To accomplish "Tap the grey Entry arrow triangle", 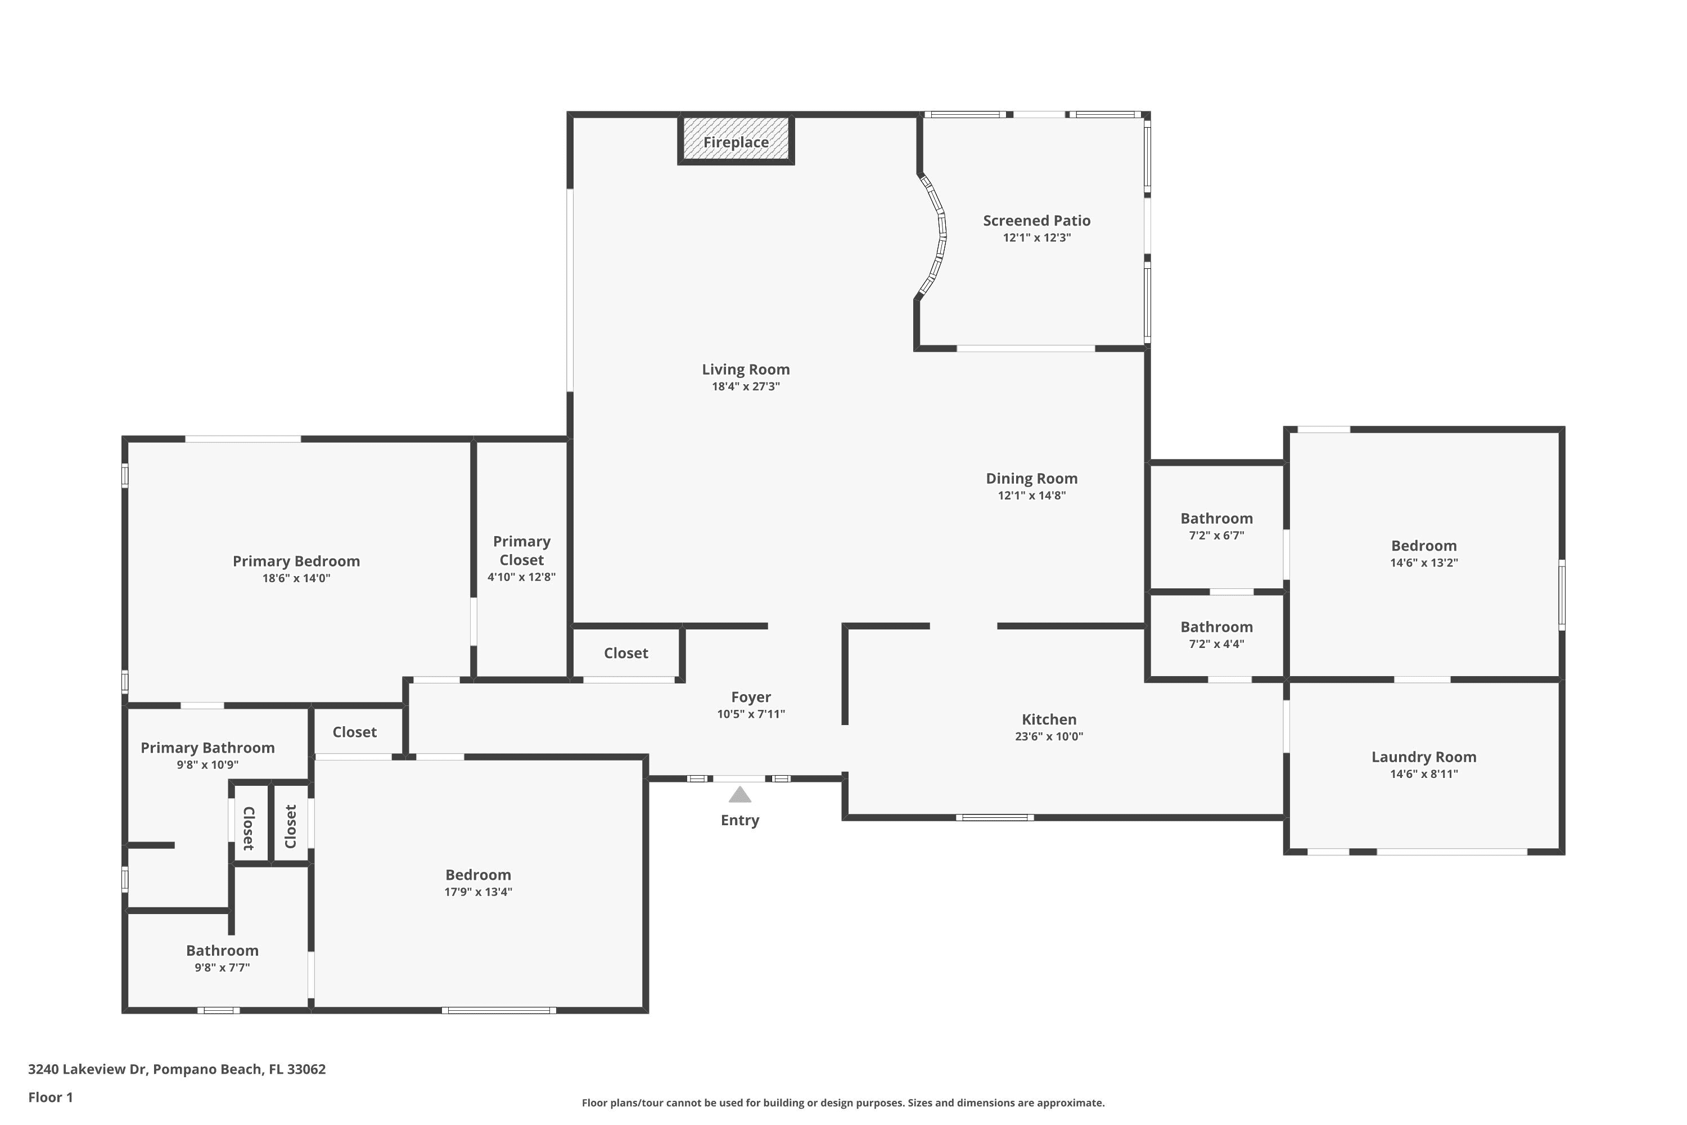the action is click(x=739, y=795).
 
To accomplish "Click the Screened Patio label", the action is click(x=1036, y=221).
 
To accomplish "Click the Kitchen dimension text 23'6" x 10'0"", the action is click(x=1049, y=736).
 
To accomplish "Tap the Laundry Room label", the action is click(x=1424, y=757).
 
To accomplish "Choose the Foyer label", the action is click(x=751, y=697).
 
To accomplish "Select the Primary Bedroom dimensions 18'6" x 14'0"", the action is click(x=296, y=578).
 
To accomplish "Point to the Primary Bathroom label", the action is click(x=208, y=748).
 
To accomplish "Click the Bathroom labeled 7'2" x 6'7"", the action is click(x=1216, y=519).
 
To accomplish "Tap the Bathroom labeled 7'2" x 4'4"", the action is click(x=1216, y=627).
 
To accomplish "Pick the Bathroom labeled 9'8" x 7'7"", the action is click(x=222, y=951).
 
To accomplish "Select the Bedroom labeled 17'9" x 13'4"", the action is click(x=479, y=875).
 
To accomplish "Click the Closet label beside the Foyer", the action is click(x=626, y=654).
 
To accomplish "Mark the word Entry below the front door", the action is click(x=739, y=821).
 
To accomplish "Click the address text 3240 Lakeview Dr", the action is click(x=88, y=1069).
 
